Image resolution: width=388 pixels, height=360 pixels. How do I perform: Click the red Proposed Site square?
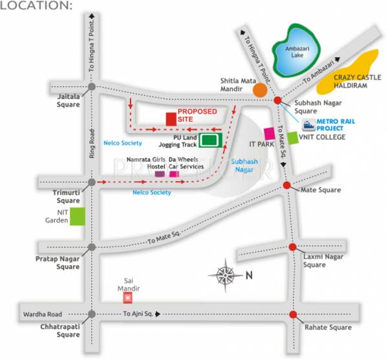171,119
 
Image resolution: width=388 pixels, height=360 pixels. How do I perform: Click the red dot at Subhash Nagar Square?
278,100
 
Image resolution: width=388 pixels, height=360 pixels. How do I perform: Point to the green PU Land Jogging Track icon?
208,139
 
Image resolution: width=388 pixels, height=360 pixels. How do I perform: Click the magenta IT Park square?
269,133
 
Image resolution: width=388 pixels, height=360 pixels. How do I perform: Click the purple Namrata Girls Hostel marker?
159,174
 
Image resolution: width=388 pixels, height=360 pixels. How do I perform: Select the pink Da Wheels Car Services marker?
173,174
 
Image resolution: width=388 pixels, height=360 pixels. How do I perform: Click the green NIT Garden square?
78,217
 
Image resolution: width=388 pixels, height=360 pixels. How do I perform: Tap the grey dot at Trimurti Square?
92,183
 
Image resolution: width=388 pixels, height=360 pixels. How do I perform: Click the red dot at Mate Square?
287,186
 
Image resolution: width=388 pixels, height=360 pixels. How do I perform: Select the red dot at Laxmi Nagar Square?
292,248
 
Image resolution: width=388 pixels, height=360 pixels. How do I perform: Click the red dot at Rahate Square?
294,315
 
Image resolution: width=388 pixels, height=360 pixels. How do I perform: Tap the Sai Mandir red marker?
128,297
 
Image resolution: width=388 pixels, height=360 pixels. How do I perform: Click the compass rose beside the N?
226,275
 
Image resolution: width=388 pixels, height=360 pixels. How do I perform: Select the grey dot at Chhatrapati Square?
92,314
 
